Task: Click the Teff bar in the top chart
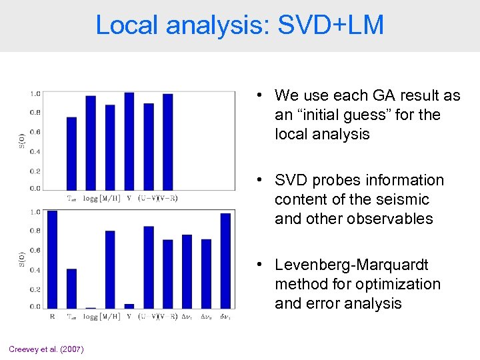[x=71, y=153]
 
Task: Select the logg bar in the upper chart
[x=91, y=143]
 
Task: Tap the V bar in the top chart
[x=129, y=141]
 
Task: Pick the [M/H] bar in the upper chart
[x=110, y=147]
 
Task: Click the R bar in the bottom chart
[x=53, y=259]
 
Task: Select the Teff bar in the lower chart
[x=71, y=288]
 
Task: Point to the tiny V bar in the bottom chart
[x=129, y=306]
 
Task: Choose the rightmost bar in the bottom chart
[x=225, y=260]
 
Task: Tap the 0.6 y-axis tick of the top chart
[x=35, y=132]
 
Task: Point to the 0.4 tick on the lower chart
[x=35, y=270]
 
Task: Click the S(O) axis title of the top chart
[x=21, y=140]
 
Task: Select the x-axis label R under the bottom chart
[x=53, y=317]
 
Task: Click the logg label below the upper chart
[x=91, y=198]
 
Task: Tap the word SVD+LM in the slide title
[x=331, y=25]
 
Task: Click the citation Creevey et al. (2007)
[x=46, y=349]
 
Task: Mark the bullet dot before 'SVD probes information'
[x=265, y=181]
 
